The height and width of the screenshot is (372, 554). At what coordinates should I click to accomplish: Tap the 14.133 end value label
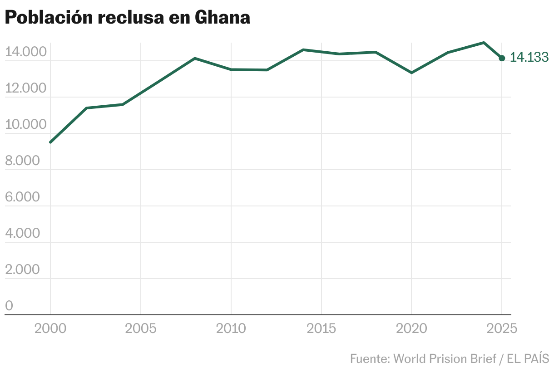pyautogui.click(x=529, y=58)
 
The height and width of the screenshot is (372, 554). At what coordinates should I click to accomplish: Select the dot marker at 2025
pyautogui.click(x=502, y=58)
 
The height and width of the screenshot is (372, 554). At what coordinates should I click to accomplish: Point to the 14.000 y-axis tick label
pyautogui.click(x=26, y=52)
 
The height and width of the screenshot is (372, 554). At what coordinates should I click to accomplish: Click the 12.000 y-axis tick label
pyautogui.click(x=26, y=88)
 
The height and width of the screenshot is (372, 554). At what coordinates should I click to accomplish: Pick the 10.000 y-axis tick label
pyautogui.click(x=26, y=125)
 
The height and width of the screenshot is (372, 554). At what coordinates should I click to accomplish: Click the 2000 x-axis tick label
pyautogui.click(x=50, y=328)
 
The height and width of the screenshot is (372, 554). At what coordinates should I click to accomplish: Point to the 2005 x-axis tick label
pyautogui.click(x=141, y=328)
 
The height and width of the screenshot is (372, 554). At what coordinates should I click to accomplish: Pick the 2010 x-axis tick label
pyautogui.click(x=231, y=328)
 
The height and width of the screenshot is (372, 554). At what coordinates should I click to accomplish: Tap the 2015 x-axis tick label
pyautogui.click(x=322, y=328)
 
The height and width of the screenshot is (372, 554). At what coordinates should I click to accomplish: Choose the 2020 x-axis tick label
pyautogui.click(x=412, y=328)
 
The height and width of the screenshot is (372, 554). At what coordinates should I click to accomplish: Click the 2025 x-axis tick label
pyautogui.click(x=501, y=328)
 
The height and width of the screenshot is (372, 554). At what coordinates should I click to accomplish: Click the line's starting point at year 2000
pyautogui.click(x=50, y=142)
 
